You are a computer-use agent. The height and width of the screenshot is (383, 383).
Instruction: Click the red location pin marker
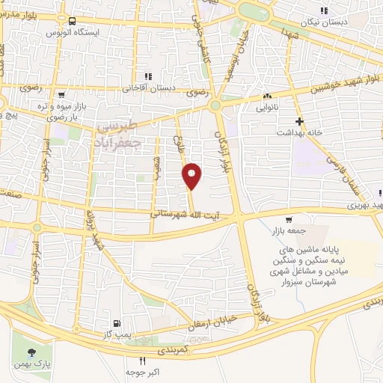pyautogui.click(x=193, y=176)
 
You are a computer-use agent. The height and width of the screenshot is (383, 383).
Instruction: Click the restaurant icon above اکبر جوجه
pyautogui.click(x=142, y=361)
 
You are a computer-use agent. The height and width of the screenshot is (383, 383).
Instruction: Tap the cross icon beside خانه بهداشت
pyautogui.click(x=299, y=121)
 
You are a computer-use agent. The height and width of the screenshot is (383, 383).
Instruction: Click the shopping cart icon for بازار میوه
pyautogui.click(x=61, y=95)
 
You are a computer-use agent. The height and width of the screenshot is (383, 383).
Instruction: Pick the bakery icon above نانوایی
pyautogui.click(x=267, y=96)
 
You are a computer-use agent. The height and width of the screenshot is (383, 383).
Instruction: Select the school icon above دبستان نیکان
pyautogui.click(x=324, y=10)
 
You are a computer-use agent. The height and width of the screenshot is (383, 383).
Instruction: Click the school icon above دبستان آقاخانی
pyautogui.click(x=148, y=76)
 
